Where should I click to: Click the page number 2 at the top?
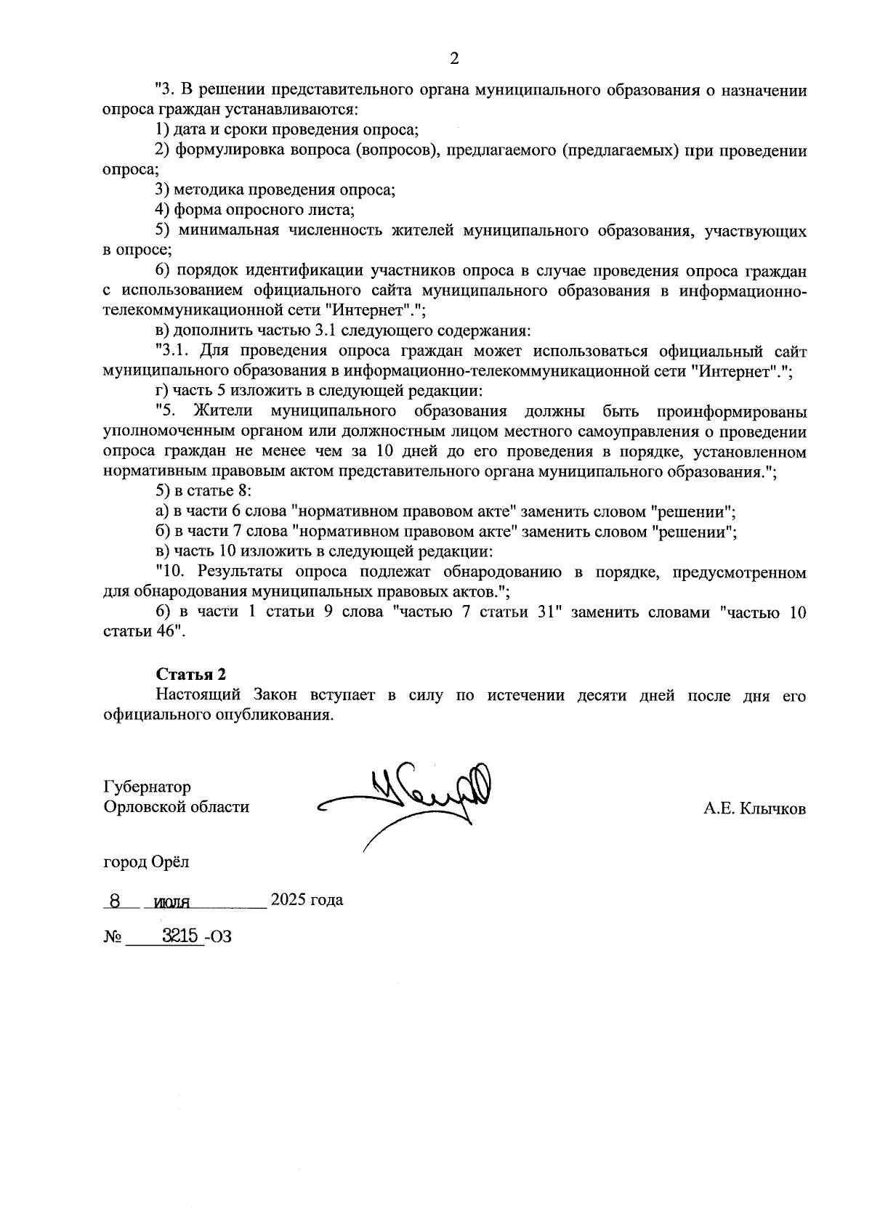[455, 59]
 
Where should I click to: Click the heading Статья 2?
[186, 674]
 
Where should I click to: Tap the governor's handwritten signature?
[421, 795]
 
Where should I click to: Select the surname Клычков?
[773, 808]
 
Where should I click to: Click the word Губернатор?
[148, 787]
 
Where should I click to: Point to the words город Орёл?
[146, 862]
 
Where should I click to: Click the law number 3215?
[181, 937]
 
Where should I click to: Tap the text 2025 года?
[307, 901]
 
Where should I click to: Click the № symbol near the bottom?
[113, 938]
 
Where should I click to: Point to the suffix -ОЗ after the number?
[219, 938]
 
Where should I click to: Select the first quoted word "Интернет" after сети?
[371, 310]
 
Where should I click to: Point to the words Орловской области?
[177, 807]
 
